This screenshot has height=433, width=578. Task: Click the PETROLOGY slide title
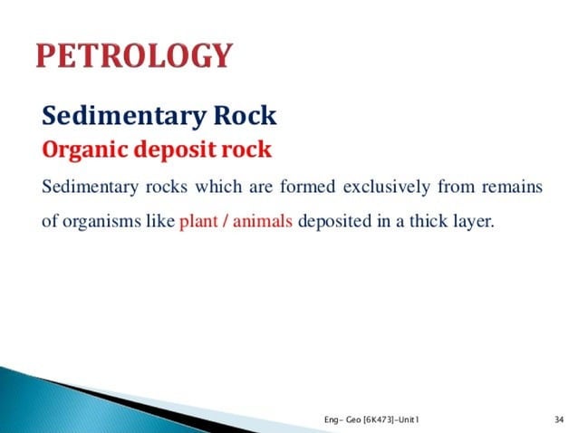click(x=133, y=57)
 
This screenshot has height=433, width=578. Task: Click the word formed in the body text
click(x=311, y=188)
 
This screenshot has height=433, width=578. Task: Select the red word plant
click(x=198, y=222)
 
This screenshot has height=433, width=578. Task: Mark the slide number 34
click(x=559, y=419)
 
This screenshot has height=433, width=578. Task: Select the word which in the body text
click(x=212, y=188)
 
